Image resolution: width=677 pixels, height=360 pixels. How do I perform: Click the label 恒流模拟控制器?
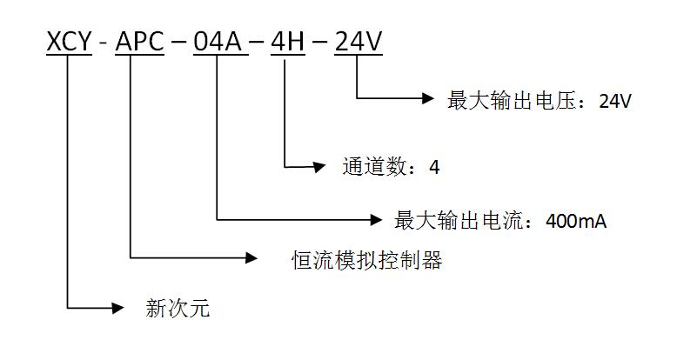tap(366, 259)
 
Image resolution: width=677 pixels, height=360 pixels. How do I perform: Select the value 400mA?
tap(575, 221)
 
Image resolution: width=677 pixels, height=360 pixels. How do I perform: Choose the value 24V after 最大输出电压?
tap(615, 102)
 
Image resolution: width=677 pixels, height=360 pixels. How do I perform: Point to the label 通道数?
tap(378, 166)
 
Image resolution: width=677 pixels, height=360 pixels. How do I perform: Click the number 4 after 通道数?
tap(435, 167)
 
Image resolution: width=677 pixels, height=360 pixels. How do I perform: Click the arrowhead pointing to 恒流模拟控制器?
tap(251, 257)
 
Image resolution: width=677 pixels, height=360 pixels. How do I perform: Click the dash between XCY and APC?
tap(104, 42)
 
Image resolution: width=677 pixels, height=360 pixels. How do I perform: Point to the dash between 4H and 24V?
tap(321, 42)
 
